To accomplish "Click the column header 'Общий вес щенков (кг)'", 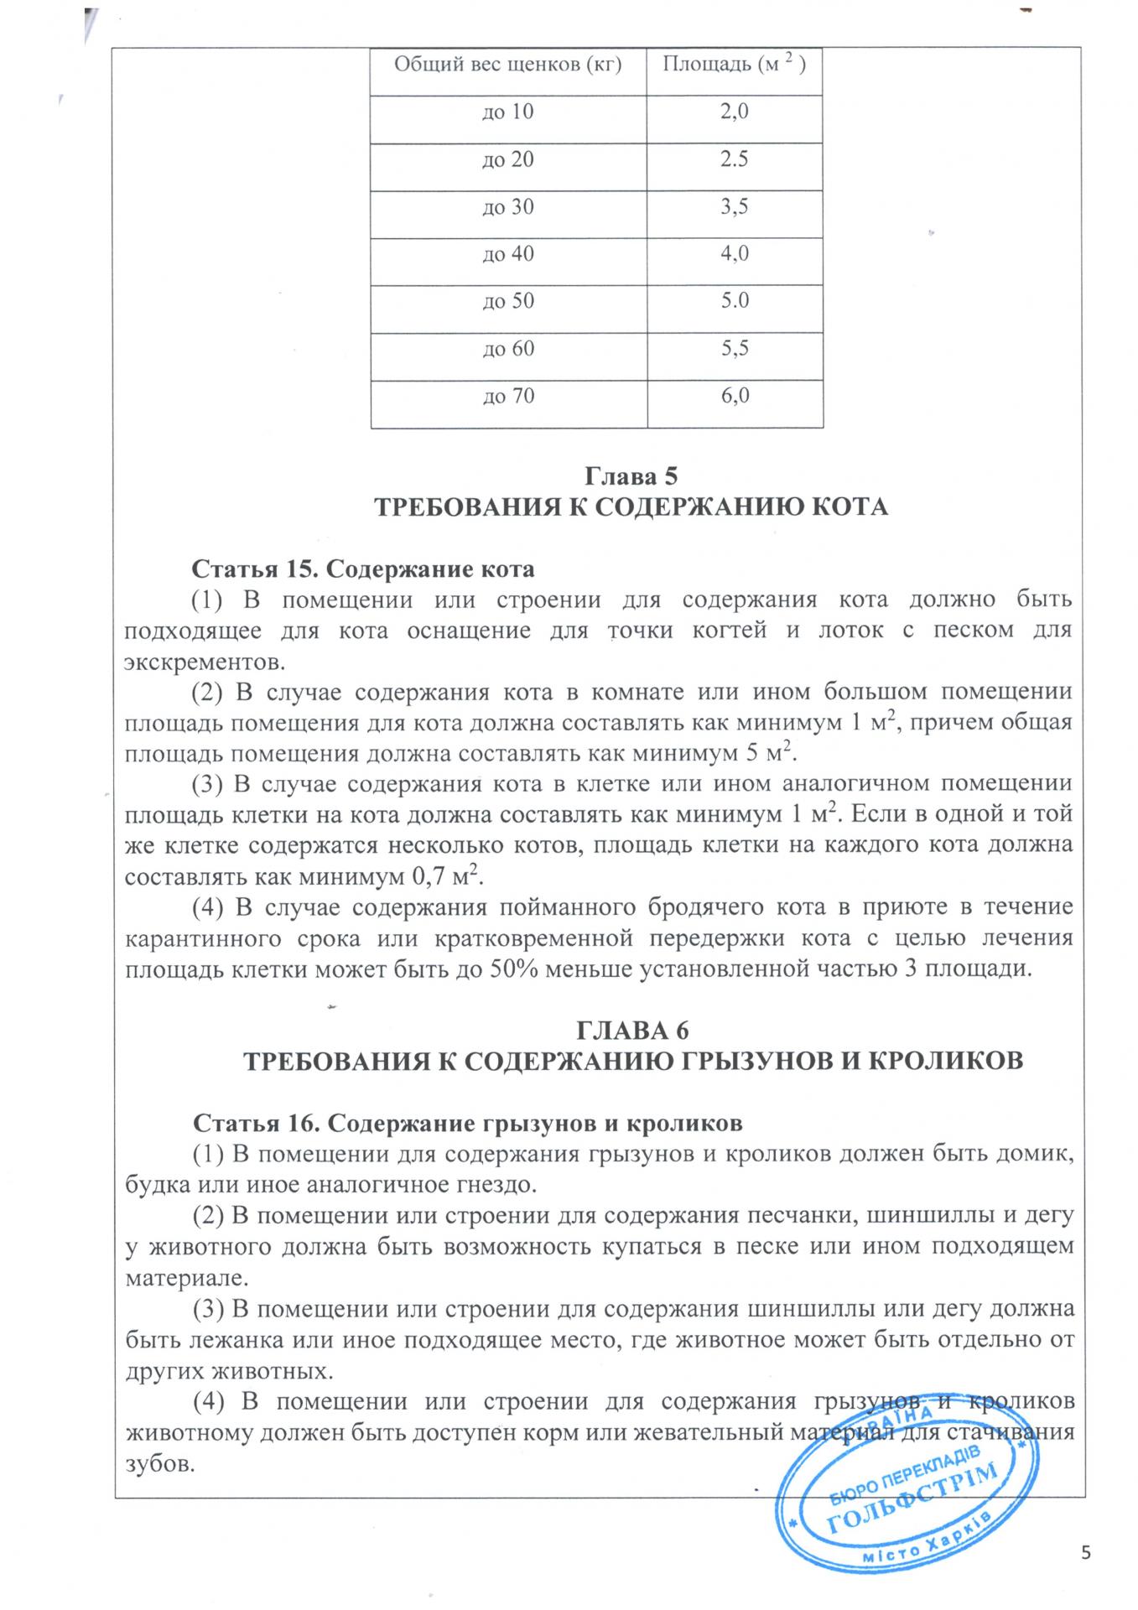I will pos(507,65).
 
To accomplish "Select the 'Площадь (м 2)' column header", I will pos(734,65).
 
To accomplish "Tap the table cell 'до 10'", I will pos(507,112).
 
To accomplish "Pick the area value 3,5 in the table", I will pos(734,206).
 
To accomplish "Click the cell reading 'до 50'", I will pos(507,300).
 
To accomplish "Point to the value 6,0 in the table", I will pos(734,395).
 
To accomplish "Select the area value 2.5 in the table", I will pos(734,158).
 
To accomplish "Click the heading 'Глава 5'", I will pos(630,476).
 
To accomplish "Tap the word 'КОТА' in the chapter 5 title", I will pos(849,507).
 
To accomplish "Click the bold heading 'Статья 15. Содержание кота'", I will pos(363,569).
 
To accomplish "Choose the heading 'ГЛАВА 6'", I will pos(633,1030).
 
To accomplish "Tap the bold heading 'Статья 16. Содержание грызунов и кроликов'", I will pos(467,1122).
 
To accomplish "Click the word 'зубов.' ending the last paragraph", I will pos(159,1463).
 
